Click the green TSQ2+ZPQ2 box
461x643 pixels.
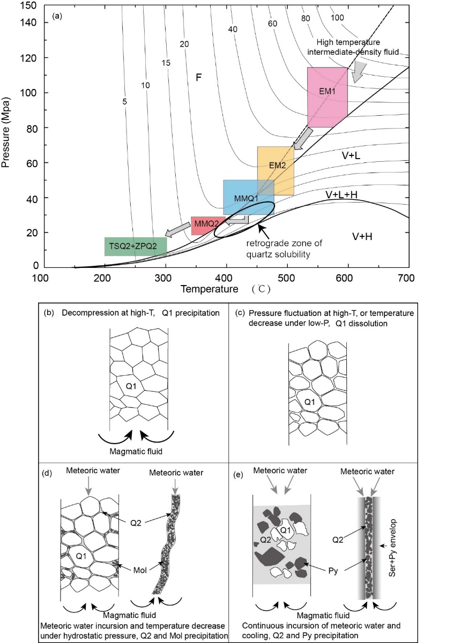pos(136,246)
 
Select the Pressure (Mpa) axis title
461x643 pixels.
pos(7,134)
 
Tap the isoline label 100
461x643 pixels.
pos(338,18)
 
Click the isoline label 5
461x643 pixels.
pos(124,100)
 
